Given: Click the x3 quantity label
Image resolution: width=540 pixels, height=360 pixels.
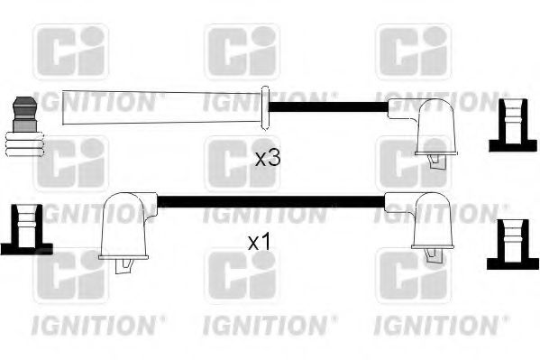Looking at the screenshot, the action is pos(268,158).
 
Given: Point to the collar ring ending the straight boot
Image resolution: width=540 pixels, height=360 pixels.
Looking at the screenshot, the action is pos(265,108).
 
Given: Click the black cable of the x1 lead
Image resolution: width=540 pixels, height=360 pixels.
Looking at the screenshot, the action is pos(270,201).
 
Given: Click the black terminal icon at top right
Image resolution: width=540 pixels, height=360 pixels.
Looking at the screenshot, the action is pos(511,125).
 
